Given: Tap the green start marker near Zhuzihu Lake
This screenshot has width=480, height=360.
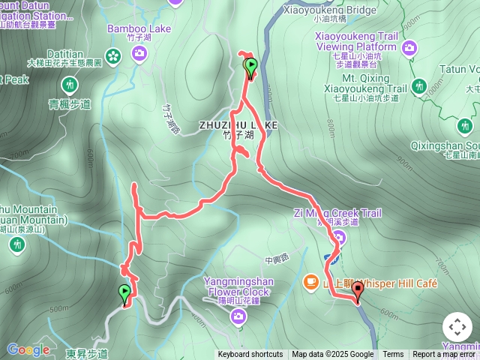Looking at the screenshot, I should (250, 67).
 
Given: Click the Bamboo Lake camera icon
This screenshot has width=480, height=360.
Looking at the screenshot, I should (139, 52).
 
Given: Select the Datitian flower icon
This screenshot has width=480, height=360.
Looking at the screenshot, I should (113, 55).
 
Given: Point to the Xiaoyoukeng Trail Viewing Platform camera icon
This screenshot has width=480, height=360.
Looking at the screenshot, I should (409, 49).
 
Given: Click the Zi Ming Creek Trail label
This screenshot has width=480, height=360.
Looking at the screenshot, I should (337, 214).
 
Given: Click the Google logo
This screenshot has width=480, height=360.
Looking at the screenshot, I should (28, 349).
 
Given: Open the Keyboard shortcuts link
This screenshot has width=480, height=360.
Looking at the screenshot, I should (250, 355).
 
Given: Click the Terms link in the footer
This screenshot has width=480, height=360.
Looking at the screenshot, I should (393, 355).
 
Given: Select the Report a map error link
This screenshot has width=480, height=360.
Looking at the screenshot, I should (445, 355).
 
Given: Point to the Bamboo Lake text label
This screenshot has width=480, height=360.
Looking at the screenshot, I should (139, 29).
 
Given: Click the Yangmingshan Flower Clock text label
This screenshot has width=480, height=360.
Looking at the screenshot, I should (237, 286).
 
